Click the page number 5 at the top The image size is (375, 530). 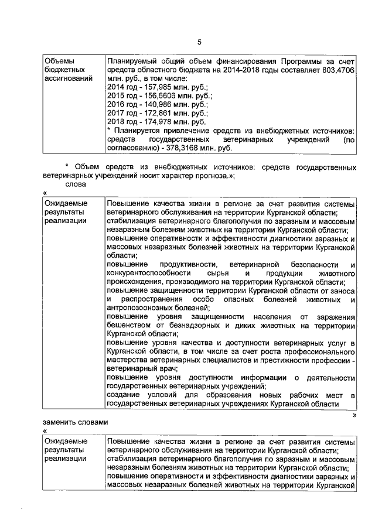[x=199, y=42]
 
